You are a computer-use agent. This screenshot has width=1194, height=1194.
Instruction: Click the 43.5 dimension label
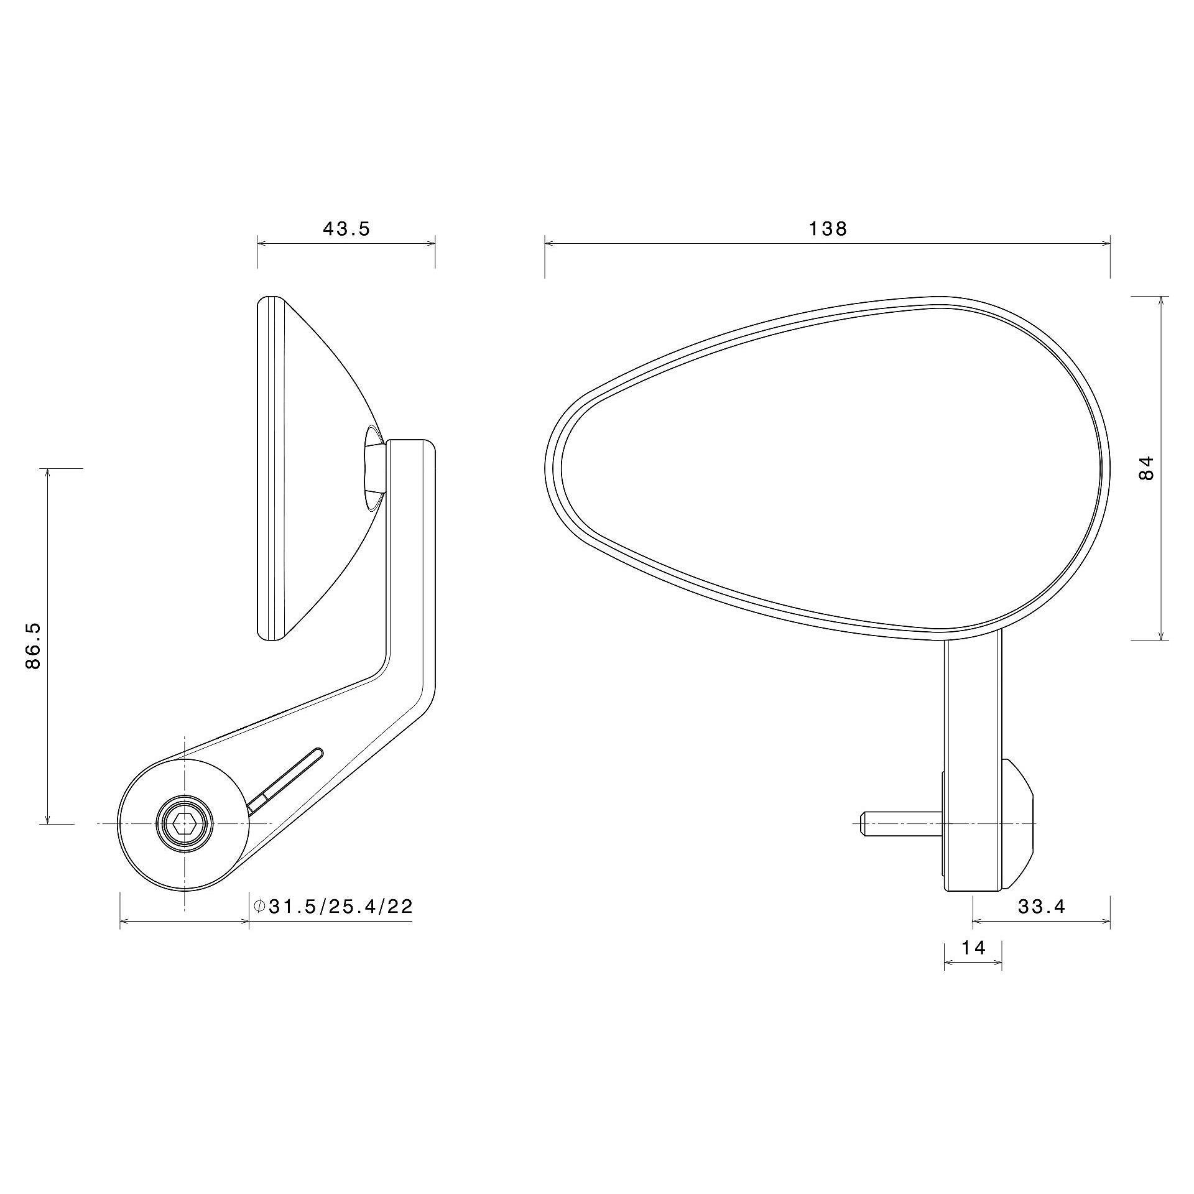pyautogui.click(x=346, y=229)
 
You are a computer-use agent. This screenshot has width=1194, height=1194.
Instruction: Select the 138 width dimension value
pyautogui.click(x=828, y=229)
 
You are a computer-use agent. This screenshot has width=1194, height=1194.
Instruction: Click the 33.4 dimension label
pyautogui.click(x=1042, y=907)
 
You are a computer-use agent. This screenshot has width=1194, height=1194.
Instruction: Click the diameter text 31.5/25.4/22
pyautogui.click(x=340, y=906)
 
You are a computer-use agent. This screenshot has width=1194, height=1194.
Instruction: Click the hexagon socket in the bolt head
pyautogui.click(x=184, y=825)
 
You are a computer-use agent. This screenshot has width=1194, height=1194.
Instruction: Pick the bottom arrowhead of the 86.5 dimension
pyautogui.click(x=47, y=819)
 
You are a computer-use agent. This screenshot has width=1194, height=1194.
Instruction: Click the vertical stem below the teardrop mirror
pyautogui.click(x=973, y=703)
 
